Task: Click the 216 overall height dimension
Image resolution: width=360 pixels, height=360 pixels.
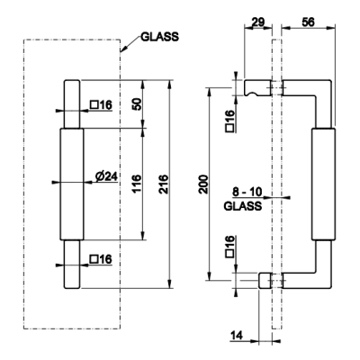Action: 165,184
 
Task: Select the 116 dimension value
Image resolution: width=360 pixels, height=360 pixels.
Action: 137,184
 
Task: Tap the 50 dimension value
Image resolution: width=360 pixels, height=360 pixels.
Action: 137,104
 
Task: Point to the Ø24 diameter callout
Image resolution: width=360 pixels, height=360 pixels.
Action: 106,176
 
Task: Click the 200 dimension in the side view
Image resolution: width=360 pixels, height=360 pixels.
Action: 204,184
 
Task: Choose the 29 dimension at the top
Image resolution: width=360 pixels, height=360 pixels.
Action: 257,22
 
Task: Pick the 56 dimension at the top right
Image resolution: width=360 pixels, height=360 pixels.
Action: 308,22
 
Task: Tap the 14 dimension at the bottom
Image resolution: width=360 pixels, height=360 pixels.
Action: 237,335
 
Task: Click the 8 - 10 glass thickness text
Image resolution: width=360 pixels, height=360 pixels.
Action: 247,192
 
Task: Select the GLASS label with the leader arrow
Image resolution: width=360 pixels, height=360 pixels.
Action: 159,37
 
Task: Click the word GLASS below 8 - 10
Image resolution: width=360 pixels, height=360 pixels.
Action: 243,206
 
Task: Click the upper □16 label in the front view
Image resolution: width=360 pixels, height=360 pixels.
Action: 101,105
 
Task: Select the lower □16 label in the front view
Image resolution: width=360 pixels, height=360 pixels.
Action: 101,259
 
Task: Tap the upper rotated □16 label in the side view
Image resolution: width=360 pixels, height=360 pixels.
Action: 230,121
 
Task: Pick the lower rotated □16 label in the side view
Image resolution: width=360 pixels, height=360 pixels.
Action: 230,247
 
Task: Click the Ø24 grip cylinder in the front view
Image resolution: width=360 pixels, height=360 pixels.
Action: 72,184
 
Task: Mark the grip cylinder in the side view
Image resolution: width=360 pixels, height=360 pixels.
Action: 323,184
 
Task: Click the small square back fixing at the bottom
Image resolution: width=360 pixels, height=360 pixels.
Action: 265,281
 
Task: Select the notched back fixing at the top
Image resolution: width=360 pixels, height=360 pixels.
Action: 258,88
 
